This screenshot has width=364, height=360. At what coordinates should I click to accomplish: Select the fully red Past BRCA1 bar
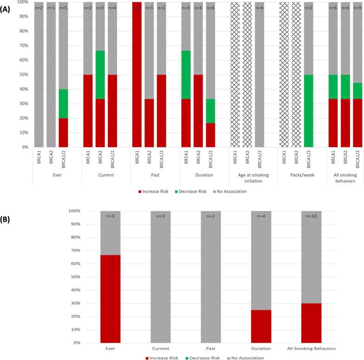click(137, 74)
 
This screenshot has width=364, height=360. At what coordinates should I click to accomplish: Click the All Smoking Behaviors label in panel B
click(311, 348)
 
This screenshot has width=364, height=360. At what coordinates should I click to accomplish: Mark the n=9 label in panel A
click(357, 7)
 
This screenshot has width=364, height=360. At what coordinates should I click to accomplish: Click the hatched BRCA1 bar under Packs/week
click(284, 74)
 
